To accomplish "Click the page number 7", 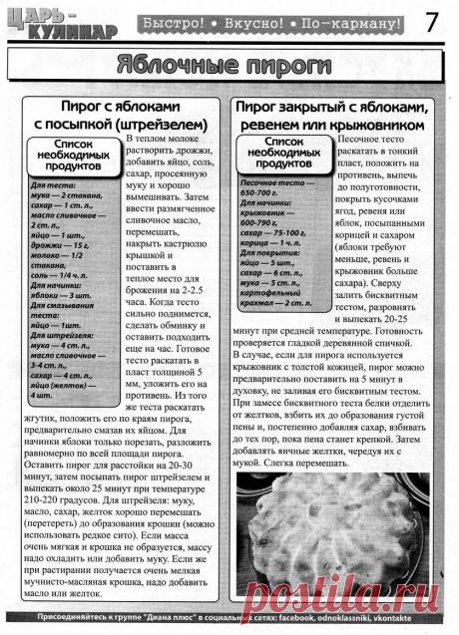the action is tap(435, 21).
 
